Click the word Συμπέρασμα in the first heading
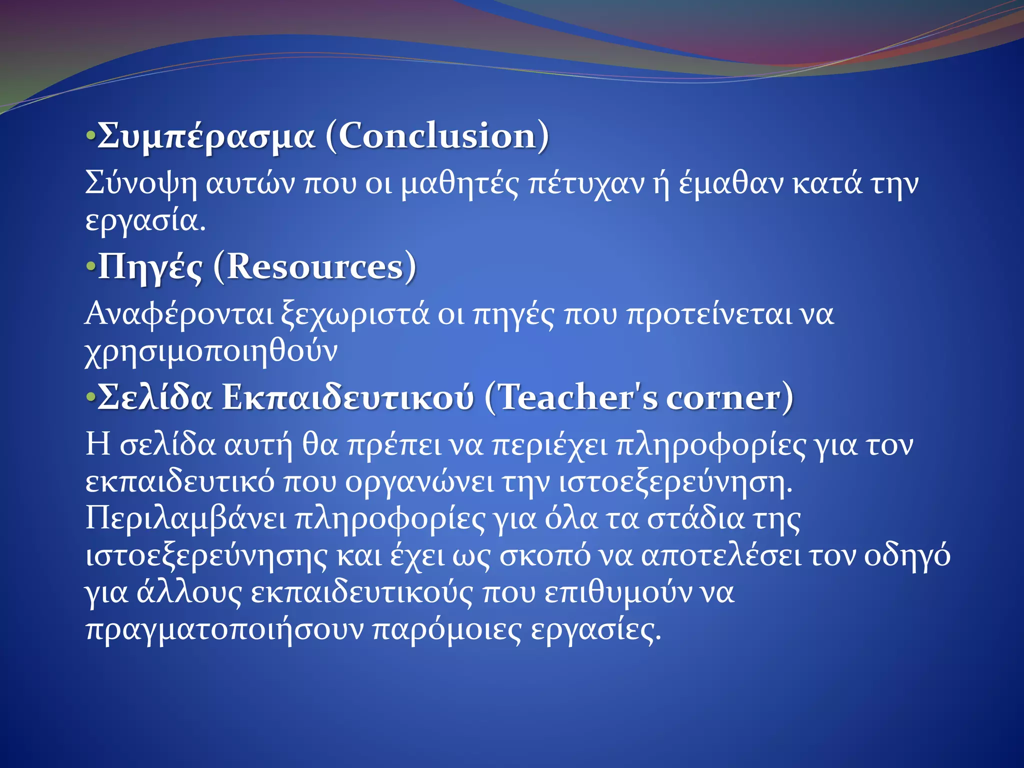[x=206, y=136]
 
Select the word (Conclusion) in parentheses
[x=437, y=135]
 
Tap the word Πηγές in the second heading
[x=150, y=267]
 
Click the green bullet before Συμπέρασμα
[x=90, y=135]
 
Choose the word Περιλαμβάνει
[x=185, y=519]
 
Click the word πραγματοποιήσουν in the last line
[x=224, y=630]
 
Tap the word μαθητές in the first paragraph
[x=460, y=184]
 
